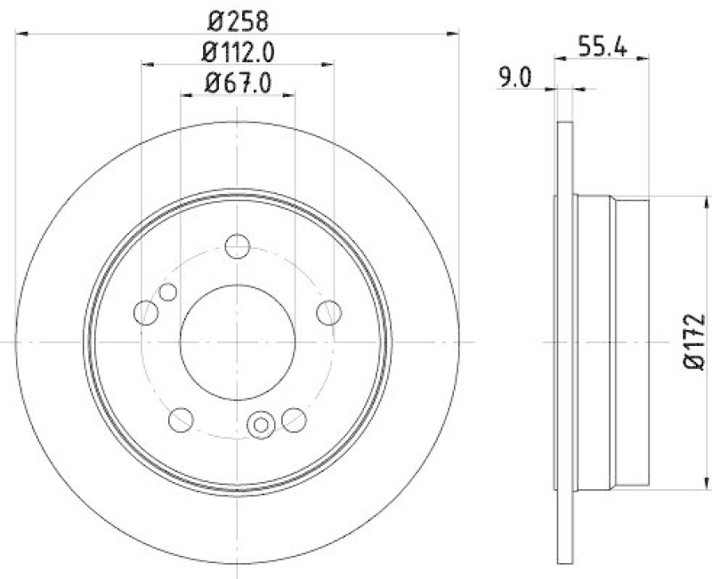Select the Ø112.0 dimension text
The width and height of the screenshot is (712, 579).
tap(238, 52)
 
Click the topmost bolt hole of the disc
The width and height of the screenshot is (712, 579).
tap(238, 245)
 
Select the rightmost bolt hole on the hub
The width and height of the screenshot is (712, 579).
tap(329, 312)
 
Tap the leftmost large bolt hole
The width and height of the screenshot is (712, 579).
tap(146, 312)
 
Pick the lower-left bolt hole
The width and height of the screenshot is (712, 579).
tap(181, 418)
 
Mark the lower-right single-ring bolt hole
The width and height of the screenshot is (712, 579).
tap(294, 418)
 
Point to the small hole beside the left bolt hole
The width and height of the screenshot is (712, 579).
tap(166, 292)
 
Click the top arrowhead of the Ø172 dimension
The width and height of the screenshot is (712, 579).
tap(695, 200)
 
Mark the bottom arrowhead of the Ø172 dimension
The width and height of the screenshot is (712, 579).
tap(695, 485)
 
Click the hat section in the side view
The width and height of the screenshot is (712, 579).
tap(612, 342)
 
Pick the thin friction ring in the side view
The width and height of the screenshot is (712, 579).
tap(562, 342)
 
